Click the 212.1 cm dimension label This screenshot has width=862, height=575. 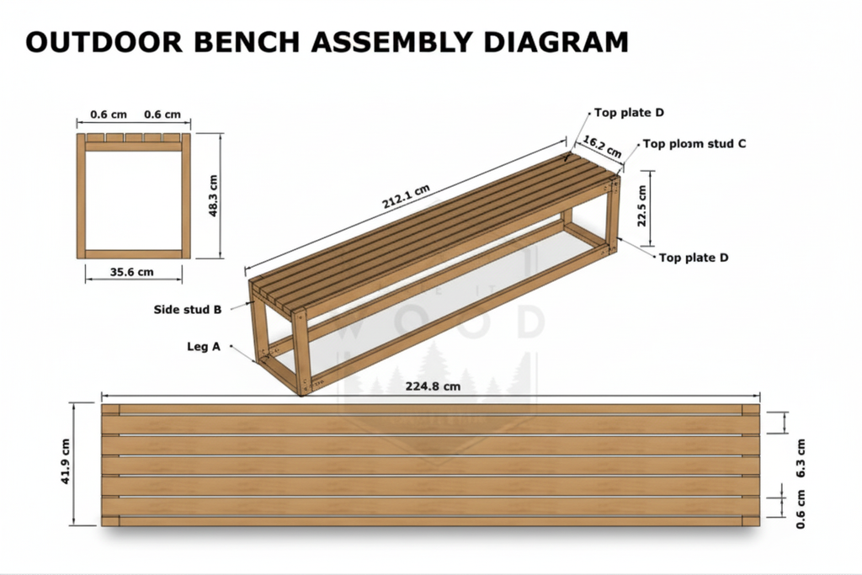pyautogui.click(x=407, y=199)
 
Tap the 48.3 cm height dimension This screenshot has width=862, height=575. pyautogui.click(x=213, y=195)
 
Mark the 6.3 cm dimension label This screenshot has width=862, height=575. pyautogui.click(x=800, y=460)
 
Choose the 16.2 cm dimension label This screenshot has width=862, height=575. pyautogui.click(x=603, y=146)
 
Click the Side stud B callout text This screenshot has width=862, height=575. pyautogui.click(x=187, y=309)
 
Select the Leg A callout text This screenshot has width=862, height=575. pyautogui.click(x=203, y=346)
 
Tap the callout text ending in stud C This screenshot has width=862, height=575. pyautogui.click(x=694, y=143)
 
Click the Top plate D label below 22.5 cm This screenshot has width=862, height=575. pyautogui.click(x=694, y=258)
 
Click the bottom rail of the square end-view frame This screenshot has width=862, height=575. pyautogui.click(x=134, y=253)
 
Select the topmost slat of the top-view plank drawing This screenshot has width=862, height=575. pyautogui.click(x=431, y=410)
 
